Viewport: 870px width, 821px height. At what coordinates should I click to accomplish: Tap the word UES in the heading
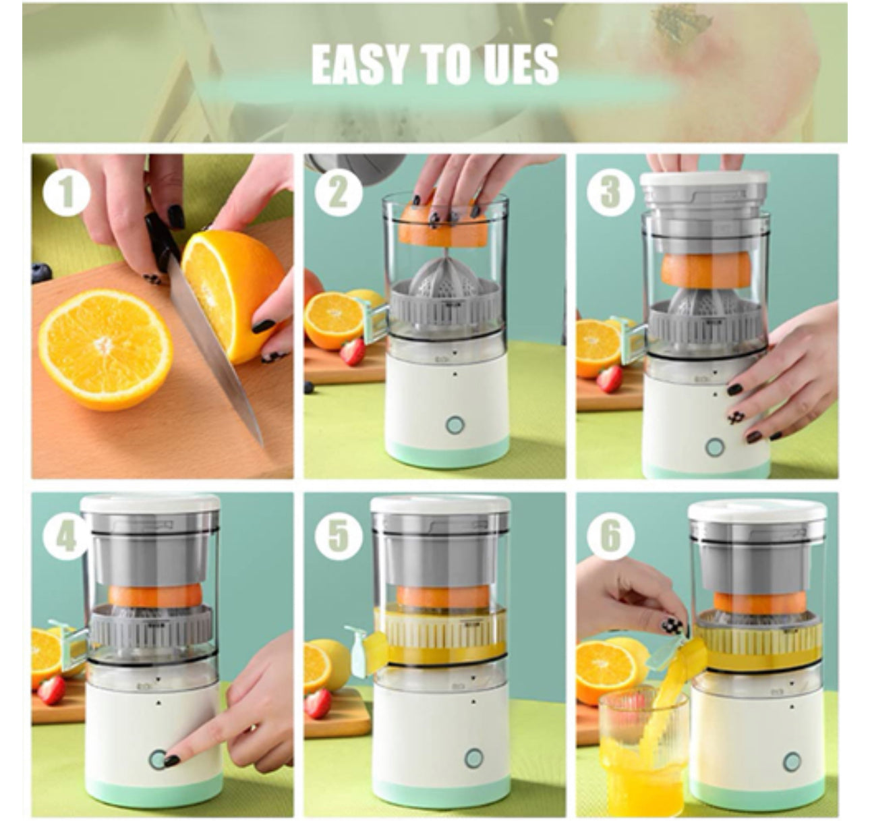tap(512, 64)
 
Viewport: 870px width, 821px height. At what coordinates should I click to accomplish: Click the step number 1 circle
tap(67, 192)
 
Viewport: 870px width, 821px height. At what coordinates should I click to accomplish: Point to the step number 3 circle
tap(610, 192)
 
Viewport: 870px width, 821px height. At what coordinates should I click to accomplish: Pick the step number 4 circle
tap(67, 535)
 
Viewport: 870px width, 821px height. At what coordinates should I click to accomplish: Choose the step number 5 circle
tap(339, 536)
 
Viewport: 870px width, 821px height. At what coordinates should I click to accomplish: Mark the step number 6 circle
tap(610, 535)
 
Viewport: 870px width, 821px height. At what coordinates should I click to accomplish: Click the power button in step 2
tap(455, 425)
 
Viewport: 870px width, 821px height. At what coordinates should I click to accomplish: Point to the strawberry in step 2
tap(353, 352)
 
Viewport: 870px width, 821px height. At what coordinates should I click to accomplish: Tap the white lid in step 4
tap(150, 504)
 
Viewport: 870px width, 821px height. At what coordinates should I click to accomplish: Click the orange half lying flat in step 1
tap(105, 350)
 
